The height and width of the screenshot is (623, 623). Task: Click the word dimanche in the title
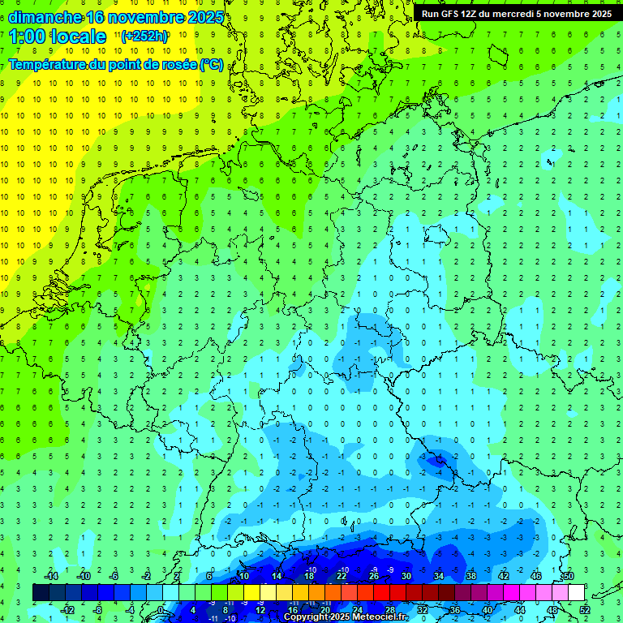(44, 16)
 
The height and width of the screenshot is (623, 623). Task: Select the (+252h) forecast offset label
(144, 36)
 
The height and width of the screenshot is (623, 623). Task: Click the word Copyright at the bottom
(306, 617)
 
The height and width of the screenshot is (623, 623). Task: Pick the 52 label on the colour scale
(584, 610)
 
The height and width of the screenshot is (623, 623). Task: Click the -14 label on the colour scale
(54, 576)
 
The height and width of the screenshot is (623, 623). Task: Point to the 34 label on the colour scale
(438, 576)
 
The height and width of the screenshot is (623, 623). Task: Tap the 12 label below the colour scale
(260, 610)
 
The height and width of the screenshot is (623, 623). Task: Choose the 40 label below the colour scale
(487, 610)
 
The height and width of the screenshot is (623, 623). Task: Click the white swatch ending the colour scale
(576, 592)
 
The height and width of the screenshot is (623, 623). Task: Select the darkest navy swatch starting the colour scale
(41, 592)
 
